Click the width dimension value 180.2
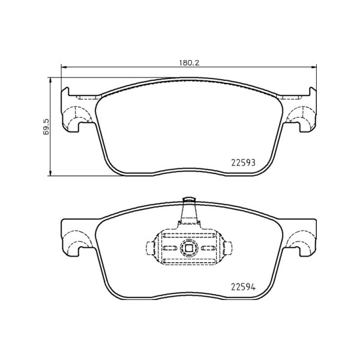click(188, 61)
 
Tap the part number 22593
click(244, 163)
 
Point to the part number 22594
click(244, 287)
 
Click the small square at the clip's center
click(188, 248)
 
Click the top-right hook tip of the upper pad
click(311, 89)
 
